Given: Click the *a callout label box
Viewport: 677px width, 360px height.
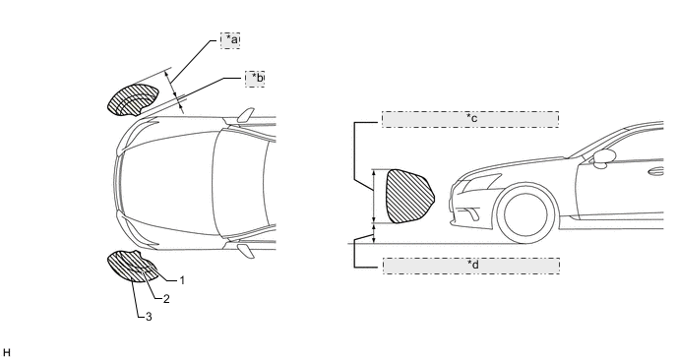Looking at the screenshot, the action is [x=230, y=40].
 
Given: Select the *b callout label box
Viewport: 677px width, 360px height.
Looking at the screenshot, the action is [x=255, y=79].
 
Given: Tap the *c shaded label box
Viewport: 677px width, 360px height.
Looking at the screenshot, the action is [x=470, y=119].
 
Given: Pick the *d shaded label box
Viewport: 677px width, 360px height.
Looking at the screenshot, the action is [x=471, y=266].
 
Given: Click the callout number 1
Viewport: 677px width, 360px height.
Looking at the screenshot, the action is [x=182, y=280].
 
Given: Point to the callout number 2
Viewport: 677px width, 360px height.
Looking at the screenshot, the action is [x=166, y=299].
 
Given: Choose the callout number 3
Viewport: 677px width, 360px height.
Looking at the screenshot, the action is [x=149, y=317].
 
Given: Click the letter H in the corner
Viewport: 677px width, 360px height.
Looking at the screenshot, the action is [x=6, y=353].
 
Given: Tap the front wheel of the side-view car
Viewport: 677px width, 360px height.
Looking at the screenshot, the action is [x=525, y=214].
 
